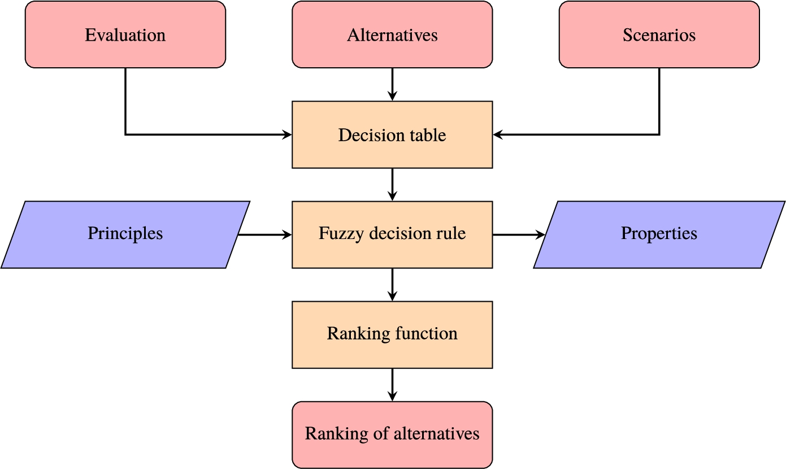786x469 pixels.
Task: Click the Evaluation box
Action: pos(125,35)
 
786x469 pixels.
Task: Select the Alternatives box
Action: pos(392,35)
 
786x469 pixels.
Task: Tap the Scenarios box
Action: pos(659,35)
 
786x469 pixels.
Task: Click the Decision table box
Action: pos(392,135)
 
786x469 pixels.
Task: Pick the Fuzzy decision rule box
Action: pos(392,234)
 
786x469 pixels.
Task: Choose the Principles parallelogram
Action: pos(125,234)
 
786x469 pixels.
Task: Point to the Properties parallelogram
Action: pos(659,234)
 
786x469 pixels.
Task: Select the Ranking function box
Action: pos(392,334)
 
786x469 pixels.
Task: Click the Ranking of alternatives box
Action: pos(392,434)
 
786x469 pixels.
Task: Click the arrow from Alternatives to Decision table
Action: pos(392,84)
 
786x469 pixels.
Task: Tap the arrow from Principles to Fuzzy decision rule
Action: pos(264,234)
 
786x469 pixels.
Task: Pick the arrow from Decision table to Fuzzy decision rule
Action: pos(392,184)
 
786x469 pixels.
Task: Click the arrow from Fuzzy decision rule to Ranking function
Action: pos(392,284)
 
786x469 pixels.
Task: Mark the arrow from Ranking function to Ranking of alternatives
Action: pos(392,384)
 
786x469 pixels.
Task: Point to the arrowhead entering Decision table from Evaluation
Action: pos(286,134)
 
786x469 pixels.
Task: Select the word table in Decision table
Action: pos(429,135)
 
